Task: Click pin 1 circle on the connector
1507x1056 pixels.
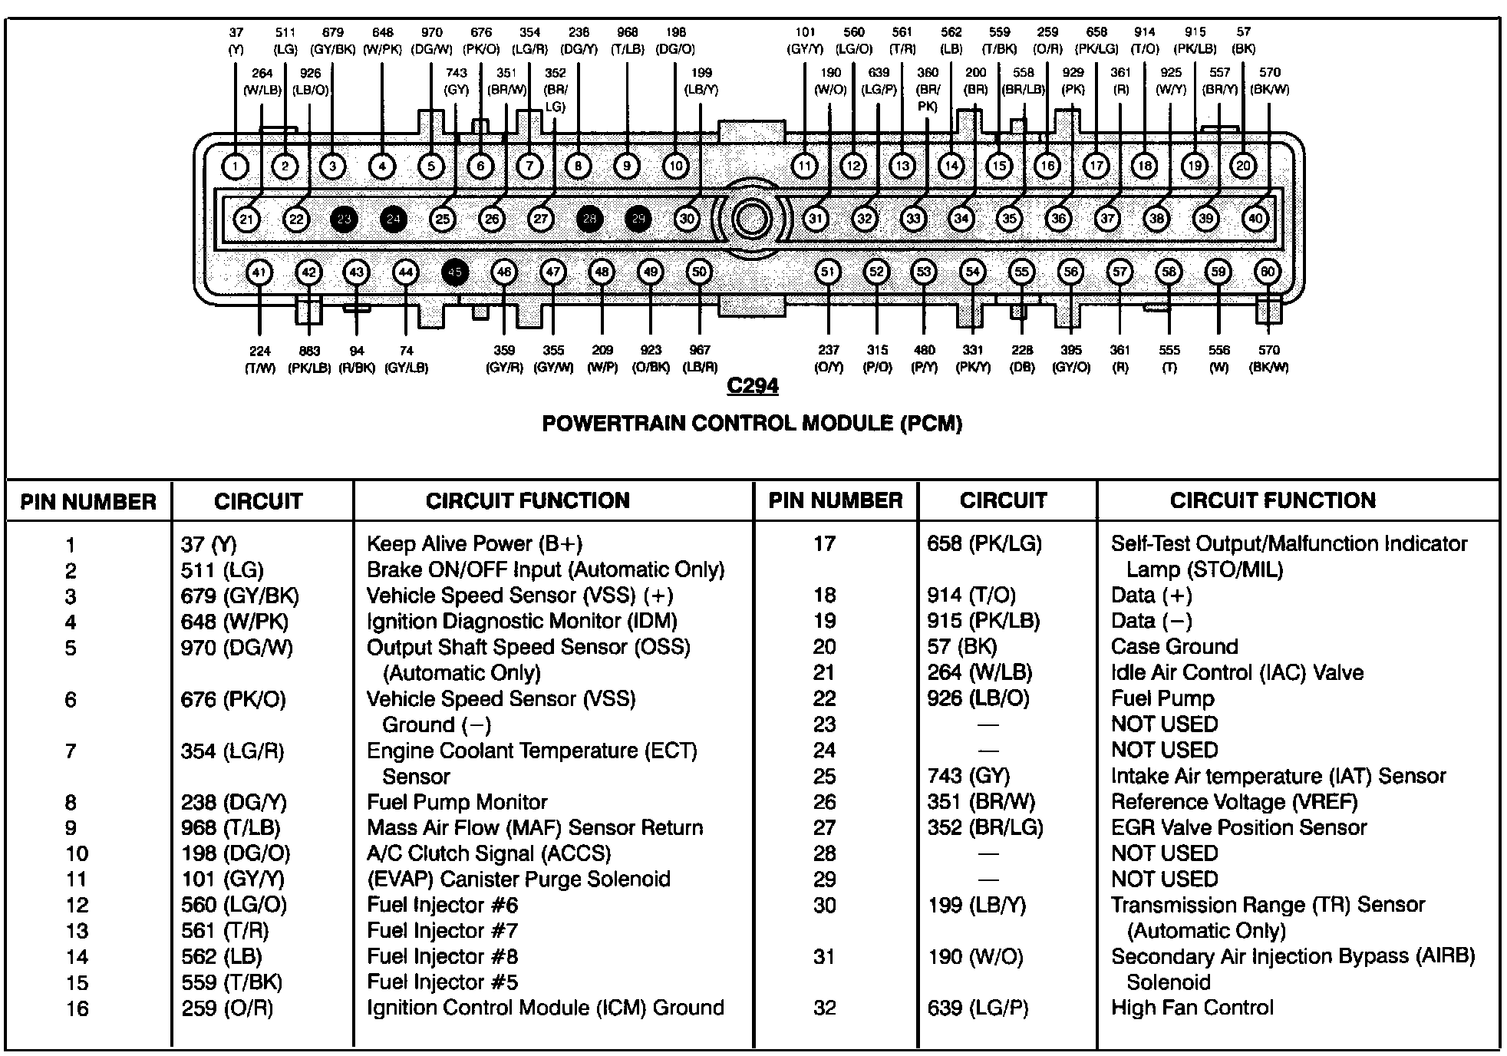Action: tap(236, 167)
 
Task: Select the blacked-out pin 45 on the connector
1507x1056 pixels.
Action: tap(455, 272)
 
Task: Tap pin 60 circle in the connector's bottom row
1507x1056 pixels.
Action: tap(1268, 272)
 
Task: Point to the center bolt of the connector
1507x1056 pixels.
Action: tap(751, 219)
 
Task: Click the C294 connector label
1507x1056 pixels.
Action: tap(752, 386)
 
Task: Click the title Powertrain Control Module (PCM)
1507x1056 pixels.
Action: tap(752, 424)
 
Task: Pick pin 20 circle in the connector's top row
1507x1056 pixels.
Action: tap(1243, 166)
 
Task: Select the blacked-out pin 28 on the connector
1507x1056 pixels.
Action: tap(589, 219)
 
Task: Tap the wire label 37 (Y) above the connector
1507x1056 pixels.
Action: tap(236, 41)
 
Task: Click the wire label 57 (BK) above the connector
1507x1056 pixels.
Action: tap(1243, 41)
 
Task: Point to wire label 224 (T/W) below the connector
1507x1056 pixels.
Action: tap(260, 359)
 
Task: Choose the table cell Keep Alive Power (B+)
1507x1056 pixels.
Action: tap(474, 544)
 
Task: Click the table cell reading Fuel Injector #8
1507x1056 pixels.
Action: tap(442, 957)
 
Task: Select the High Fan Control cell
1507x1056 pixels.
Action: tap(1192, 1008)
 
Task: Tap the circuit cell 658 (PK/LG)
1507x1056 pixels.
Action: tap(984, 544)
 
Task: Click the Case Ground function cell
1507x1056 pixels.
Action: tap(1174, 647)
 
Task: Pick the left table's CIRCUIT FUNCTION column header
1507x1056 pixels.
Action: tap(528, 501)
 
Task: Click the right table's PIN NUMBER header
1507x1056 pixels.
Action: tap(836, 501)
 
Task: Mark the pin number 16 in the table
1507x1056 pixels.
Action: tap(77, 1008)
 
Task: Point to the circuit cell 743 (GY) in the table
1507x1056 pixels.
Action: tap(968, 777)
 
